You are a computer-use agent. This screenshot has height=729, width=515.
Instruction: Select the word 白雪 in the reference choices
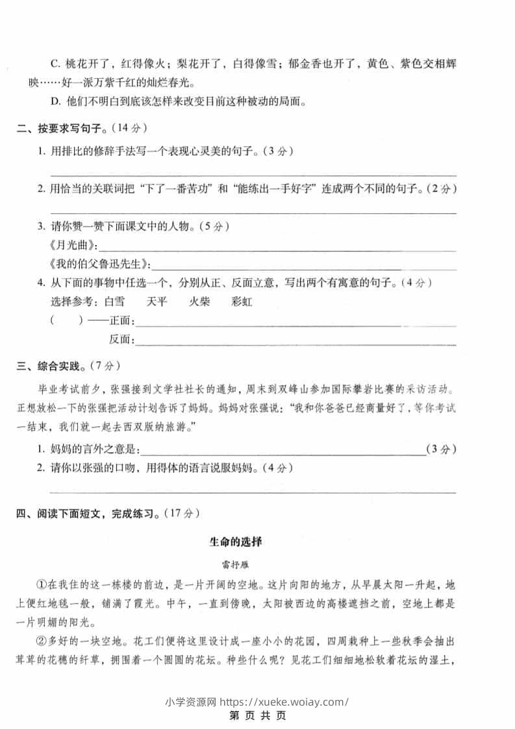114,301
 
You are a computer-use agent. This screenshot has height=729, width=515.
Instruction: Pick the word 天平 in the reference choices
157,301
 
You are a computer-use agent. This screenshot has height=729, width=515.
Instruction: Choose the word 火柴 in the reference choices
199,301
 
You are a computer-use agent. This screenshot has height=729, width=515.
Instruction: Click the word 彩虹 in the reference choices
242,301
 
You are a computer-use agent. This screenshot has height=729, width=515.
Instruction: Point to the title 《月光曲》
73,246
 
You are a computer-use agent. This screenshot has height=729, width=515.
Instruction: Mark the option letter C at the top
54,64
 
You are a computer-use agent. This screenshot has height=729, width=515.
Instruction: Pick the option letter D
55,101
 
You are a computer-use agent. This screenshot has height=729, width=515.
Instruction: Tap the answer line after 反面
295,339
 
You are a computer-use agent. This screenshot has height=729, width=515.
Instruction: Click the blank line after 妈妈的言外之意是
283,450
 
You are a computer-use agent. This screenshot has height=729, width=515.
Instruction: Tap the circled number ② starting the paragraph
42,642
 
